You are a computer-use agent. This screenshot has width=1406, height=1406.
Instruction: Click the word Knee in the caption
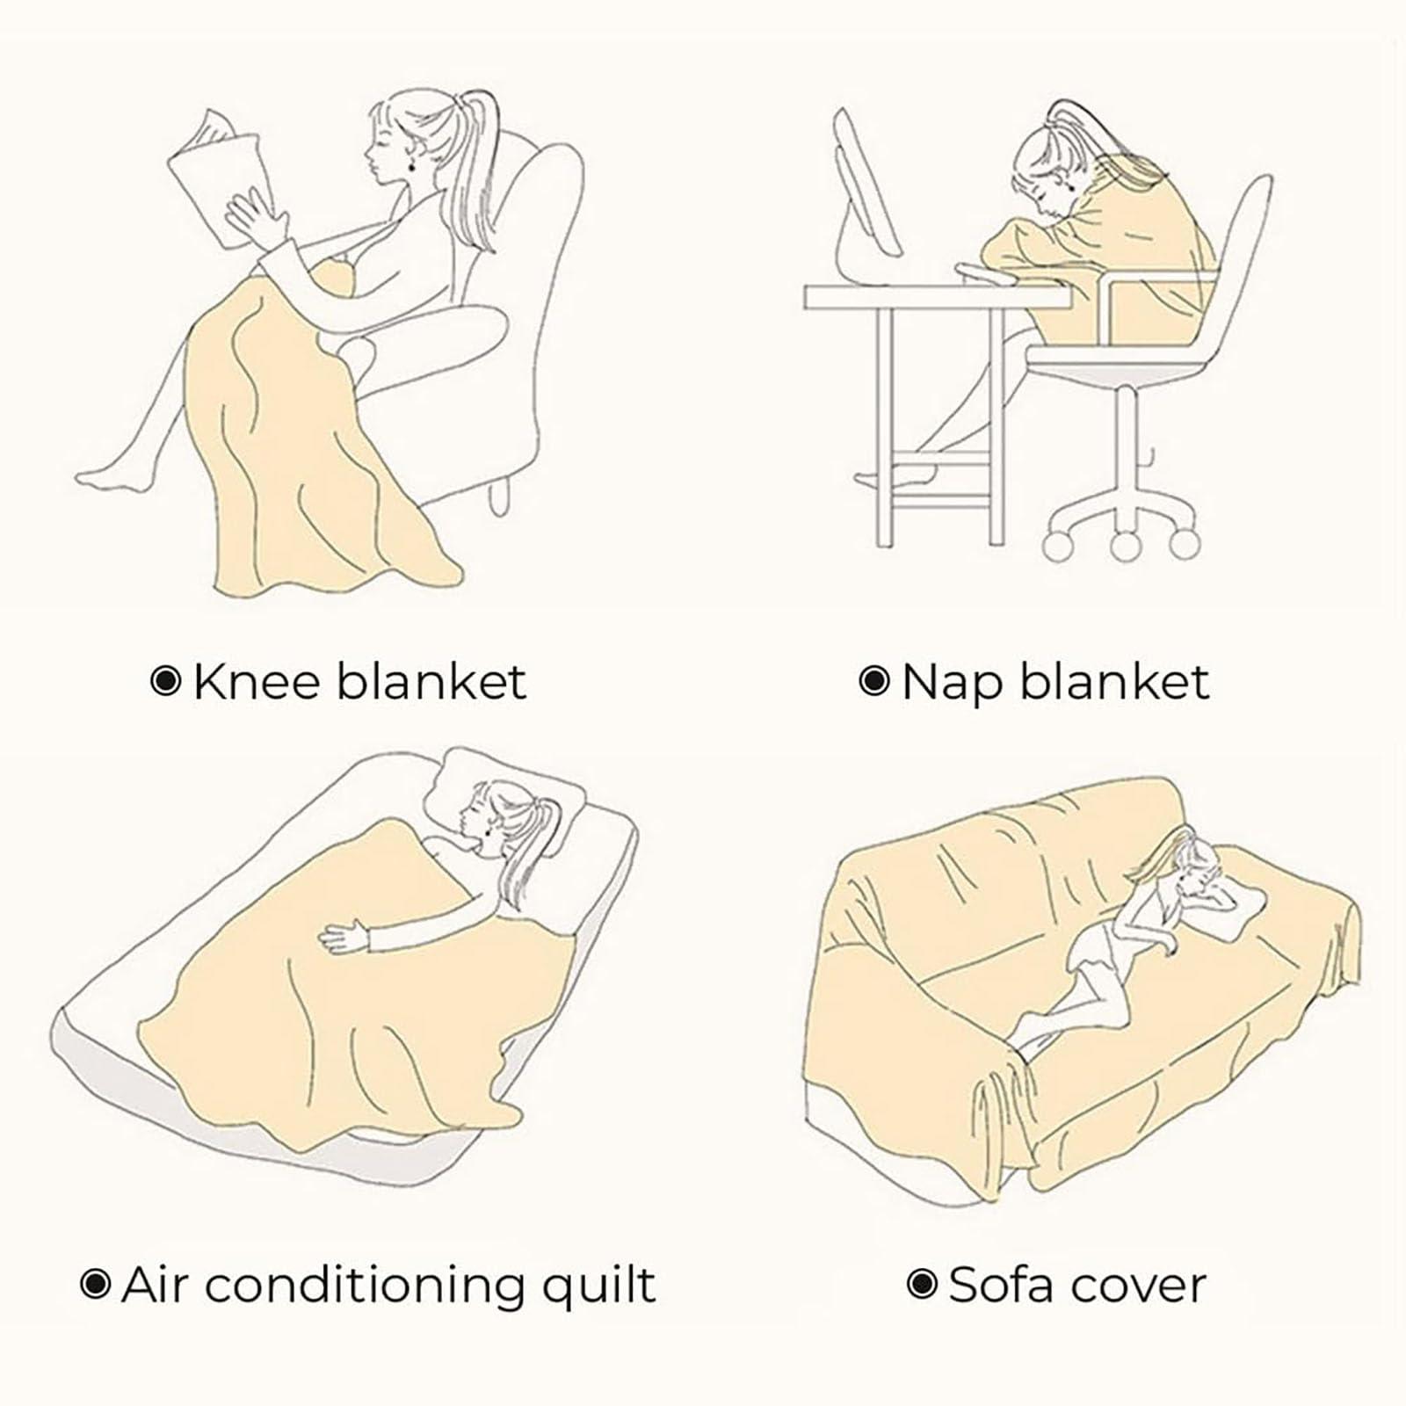(257, 682)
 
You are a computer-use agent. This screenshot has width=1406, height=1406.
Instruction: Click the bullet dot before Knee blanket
(166, 681)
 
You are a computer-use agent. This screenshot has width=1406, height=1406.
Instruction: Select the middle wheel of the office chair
(1125, 545)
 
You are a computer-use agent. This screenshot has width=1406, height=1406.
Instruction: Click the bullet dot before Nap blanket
(873, 681)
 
